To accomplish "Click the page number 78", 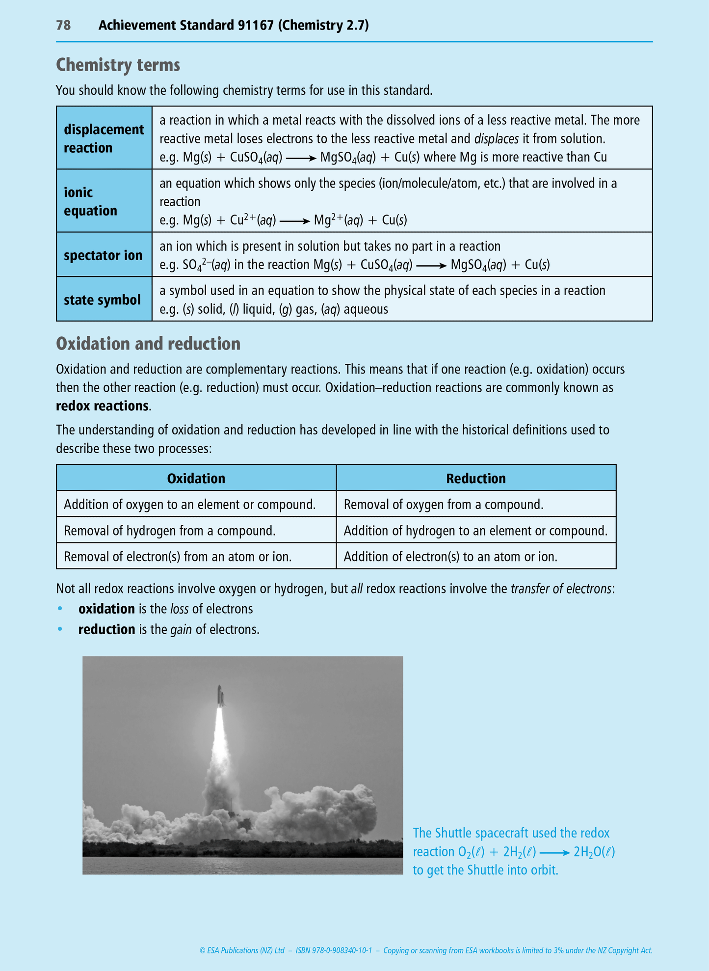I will tap(63, 26).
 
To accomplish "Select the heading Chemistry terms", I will tap(118, 65).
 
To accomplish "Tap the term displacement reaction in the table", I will tap(104, 138).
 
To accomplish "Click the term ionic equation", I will tap(90, 201).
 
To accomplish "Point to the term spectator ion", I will tap(103, 255).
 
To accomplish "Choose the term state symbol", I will tap(102, 300).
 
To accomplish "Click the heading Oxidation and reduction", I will tap(148, 344).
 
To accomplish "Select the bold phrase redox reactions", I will tap(102, 406).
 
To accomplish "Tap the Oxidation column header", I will tap(196, 478).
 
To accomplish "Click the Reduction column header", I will tap(475, 478).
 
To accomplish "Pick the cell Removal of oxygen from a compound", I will tap(443, 505).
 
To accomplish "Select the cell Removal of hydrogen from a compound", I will tap(169, 531).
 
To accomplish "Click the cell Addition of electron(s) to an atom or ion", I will tap(450, 557).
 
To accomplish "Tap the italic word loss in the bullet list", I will tap(179, 609).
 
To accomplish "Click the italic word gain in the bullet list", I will tap(181, 630).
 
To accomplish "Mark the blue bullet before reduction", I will tap(60, 629).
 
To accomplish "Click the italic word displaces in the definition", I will tap(496, 139).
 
